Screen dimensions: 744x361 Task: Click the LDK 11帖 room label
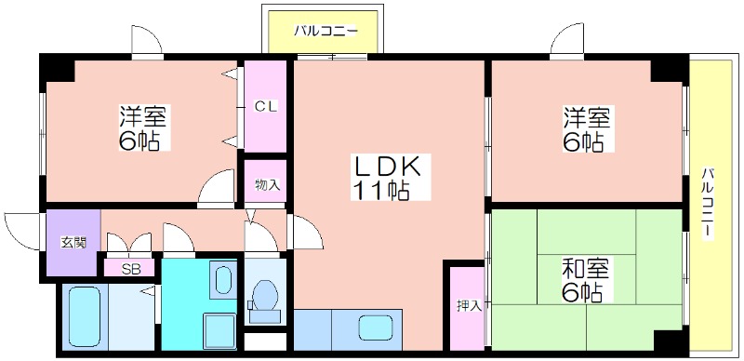(x=385, y=177)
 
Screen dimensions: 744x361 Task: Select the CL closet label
(x=266, y=106)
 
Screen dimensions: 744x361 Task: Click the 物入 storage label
(x=267, y=184)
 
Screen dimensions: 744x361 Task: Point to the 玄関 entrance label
(x=73, y=242)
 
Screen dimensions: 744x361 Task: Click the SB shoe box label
(x=129, y=269)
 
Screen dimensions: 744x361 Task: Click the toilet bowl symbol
(x=265, y=301)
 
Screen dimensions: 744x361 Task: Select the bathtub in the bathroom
(x=85, y=317)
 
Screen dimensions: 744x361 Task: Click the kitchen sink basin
(x=376, y=328)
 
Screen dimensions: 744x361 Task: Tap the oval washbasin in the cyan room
(x=222, y=280)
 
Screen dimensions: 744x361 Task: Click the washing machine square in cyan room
(x=219, y=330)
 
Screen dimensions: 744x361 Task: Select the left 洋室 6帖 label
(x=142, y=128)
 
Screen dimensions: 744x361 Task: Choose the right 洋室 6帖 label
(x=587, y=129)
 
